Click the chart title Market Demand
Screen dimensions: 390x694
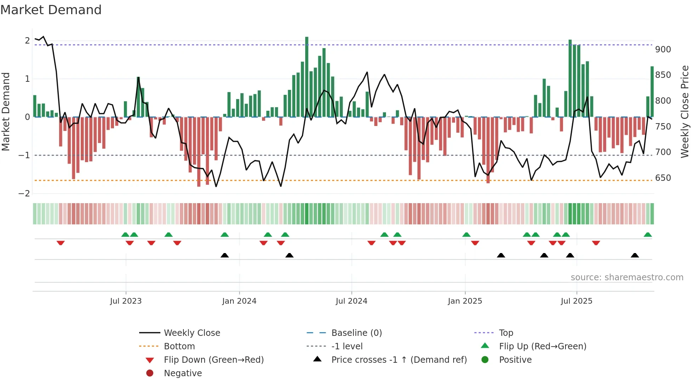pos(51,10)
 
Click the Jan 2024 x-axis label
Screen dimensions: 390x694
pos(239,301)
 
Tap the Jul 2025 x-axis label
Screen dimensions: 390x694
pos(576,301)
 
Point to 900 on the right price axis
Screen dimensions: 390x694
pos(663,50)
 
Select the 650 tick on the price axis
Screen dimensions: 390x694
pos(663,178)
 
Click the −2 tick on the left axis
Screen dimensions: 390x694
pos(24,194)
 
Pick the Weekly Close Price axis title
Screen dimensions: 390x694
pos(685,111)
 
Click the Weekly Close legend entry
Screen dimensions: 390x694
pos(192,333)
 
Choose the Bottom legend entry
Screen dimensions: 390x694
pos(179,346)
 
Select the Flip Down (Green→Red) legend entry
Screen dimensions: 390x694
pos(214,360)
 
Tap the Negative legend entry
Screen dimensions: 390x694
pos(183,373)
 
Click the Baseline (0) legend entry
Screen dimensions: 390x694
pos(356,333)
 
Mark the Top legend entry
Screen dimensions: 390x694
pos(506,333)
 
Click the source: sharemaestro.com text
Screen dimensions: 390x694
pos(627,277)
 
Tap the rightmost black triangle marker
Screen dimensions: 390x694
pos(635,255)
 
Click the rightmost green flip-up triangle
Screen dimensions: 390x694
pos(648,235)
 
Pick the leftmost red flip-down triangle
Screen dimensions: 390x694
pos(61,243)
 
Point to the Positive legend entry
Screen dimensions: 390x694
pos(515,360)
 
